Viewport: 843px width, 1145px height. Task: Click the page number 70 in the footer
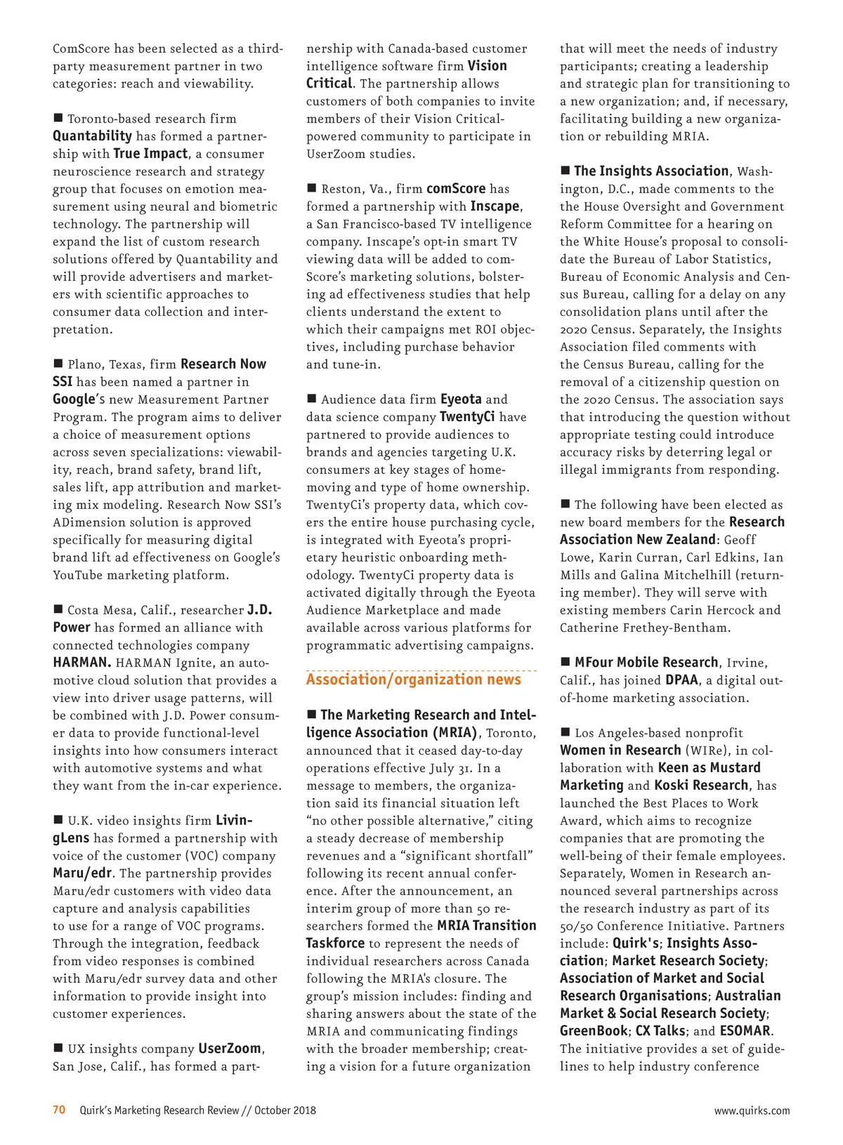[x=59, y=1110]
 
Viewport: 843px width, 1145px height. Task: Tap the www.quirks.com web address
[x=752, y=1111]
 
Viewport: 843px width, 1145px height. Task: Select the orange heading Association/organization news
[x=413, y=680]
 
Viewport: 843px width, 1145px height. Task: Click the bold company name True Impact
[x=150, y=154]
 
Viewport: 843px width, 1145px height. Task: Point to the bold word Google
[x=74, y=399]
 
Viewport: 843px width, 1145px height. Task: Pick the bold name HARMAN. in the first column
[x=81, y=663]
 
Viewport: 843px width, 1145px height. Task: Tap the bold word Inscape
[x=495, y=206]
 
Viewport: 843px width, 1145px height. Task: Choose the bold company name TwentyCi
[x=467, y=417]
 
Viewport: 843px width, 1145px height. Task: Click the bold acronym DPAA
[x=681, y=680]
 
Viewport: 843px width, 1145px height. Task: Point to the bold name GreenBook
[x=594, y=1031]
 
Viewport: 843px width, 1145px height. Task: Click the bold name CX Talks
[x=660, y=1031]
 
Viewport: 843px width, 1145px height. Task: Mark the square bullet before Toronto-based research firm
[x=58, y=118]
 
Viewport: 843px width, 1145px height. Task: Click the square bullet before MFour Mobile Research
[x=565, y=662]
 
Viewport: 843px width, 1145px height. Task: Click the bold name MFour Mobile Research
[x=646, y=663]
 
